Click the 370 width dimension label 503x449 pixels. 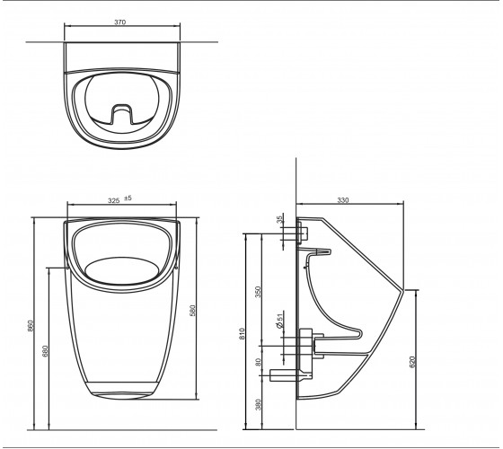[x=120, y=22]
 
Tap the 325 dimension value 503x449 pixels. [x=113, y=201]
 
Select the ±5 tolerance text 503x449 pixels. [x=128, y=198]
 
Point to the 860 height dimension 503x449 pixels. [x=31, y=326]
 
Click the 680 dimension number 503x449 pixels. [x=45, y=351]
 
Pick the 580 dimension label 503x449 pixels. [x=192, y=311]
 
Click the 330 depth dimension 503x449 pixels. [x=342, y=200]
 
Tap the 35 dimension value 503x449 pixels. [x=279, y=219]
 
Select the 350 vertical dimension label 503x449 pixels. [x=259, y=292]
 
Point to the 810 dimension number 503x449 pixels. [x=242, y=333]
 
